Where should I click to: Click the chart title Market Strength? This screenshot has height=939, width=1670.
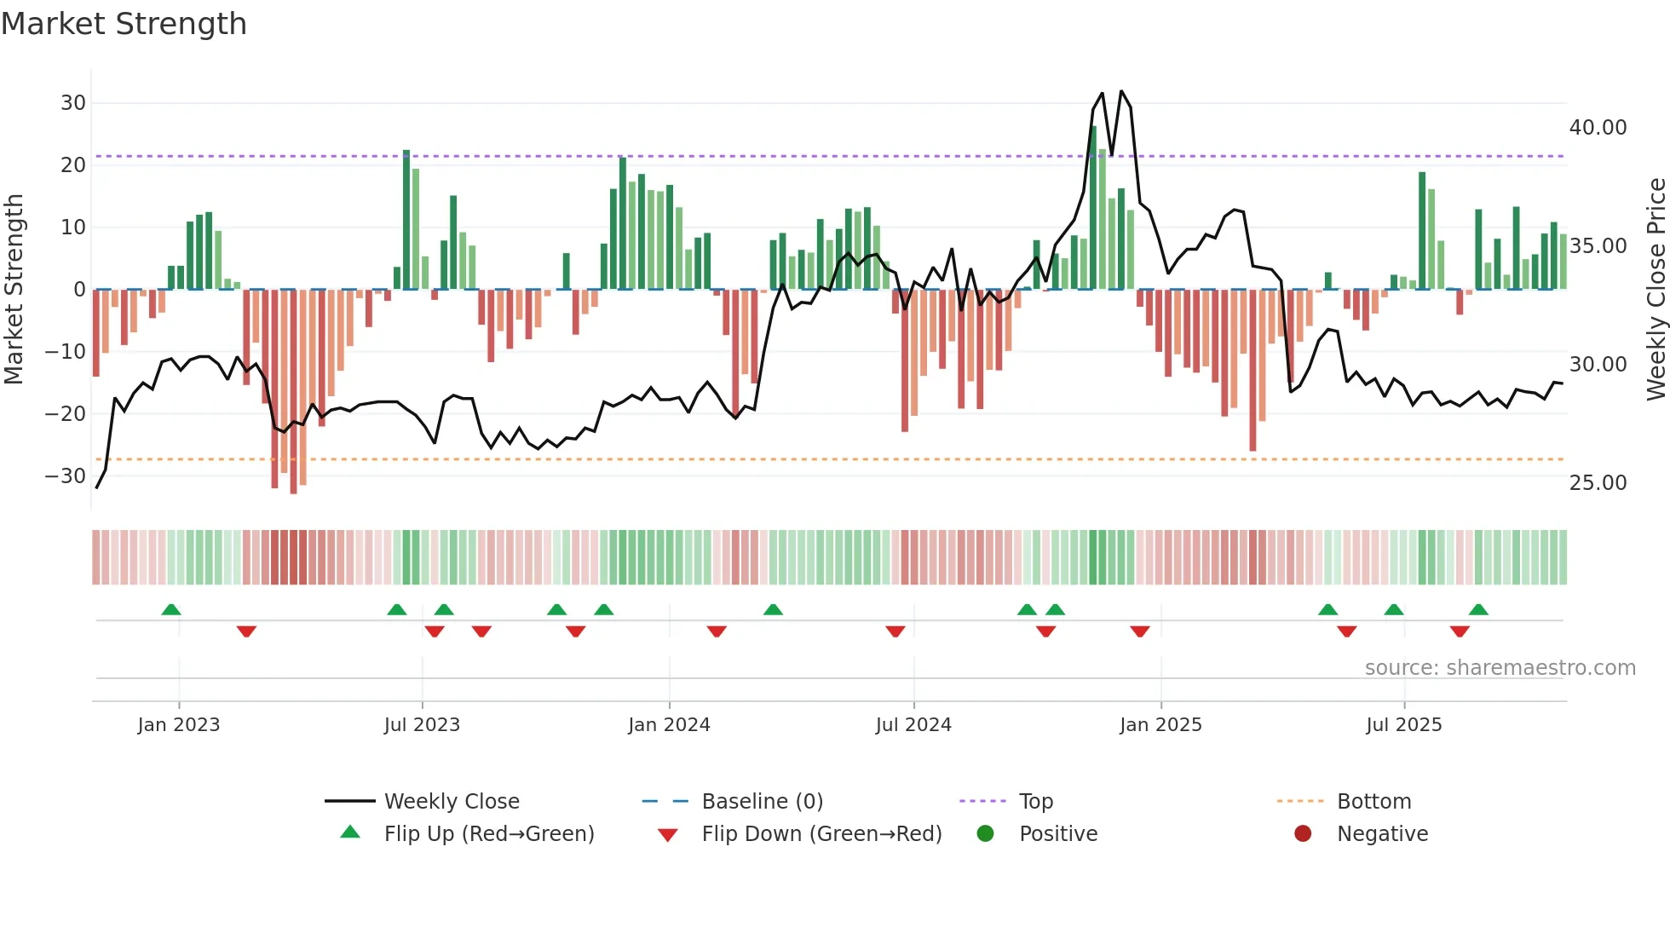[x=124, y=24]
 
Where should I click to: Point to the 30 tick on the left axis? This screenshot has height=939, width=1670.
[x=73, y=103]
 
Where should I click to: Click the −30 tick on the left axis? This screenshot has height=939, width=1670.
[x=66, y=476]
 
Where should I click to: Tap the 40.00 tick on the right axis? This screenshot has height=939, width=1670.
[x=1598, y=128]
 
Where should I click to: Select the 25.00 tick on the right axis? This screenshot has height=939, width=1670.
[x=1598, y=483]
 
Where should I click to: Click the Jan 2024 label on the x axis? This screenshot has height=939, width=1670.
[x=669, y=725]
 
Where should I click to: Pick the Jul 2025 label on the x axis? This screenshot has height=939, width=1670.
[x=1403, y=725]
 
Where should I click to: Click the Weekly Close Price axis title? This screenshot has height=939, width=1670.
[x=1656, y=289]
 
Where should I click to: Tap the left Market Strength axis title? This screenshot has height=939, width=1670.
[x=14, y=289]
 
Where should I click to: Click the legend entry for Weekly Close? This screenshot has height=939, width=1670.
[x=451, y=802]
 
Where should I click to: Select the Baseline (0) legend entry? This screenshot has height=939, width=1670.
[x=762, y=802]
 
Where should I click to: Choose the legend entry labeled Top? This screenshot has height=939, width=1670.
[x=1035, y=802]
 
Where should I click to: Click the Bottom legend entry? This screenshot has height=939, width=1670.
[x=1373, y=802]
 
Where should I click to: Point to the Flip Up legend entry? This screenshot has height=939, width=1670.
[x=488, y=834]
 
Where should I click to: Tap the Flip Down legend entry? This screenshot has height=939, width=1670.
[x=821, y=834]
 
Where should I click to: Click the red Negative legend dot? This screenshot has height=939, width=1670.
[x=1303, y=834]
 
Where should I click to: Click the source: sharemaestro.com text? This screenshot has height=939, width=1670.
[x=1500, y=668]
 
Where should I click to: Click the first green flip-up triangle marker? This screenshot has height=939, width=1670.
[x=171, y=610]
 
